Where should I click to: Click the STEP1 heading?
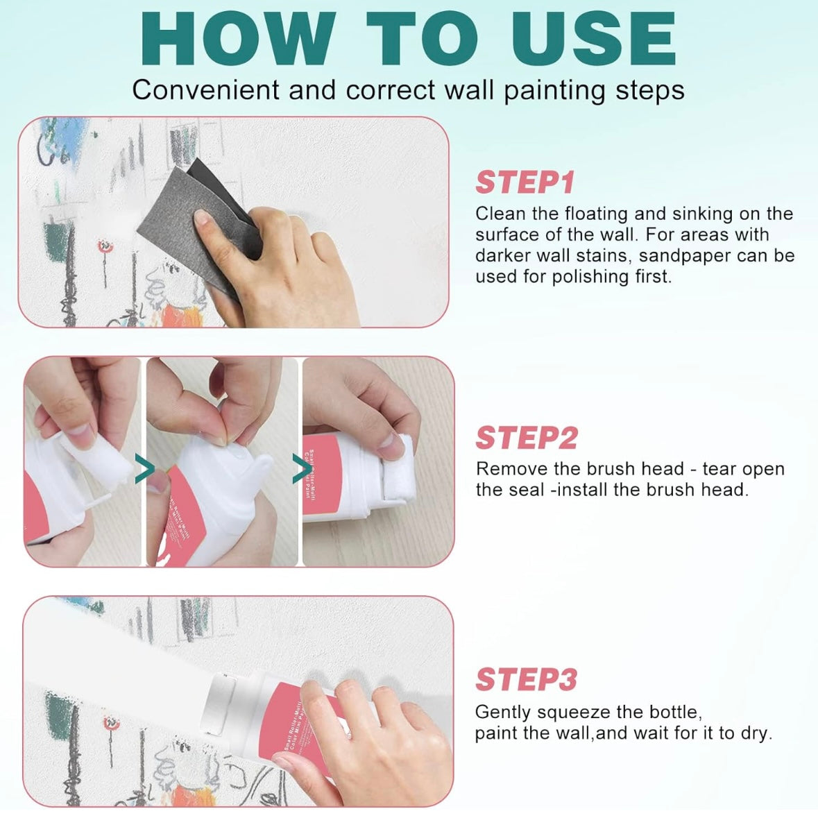click(525, 183)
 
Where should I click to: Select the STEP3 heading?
click(526, 680)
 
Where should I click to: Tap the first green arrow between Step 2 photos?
click(144, 470)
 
